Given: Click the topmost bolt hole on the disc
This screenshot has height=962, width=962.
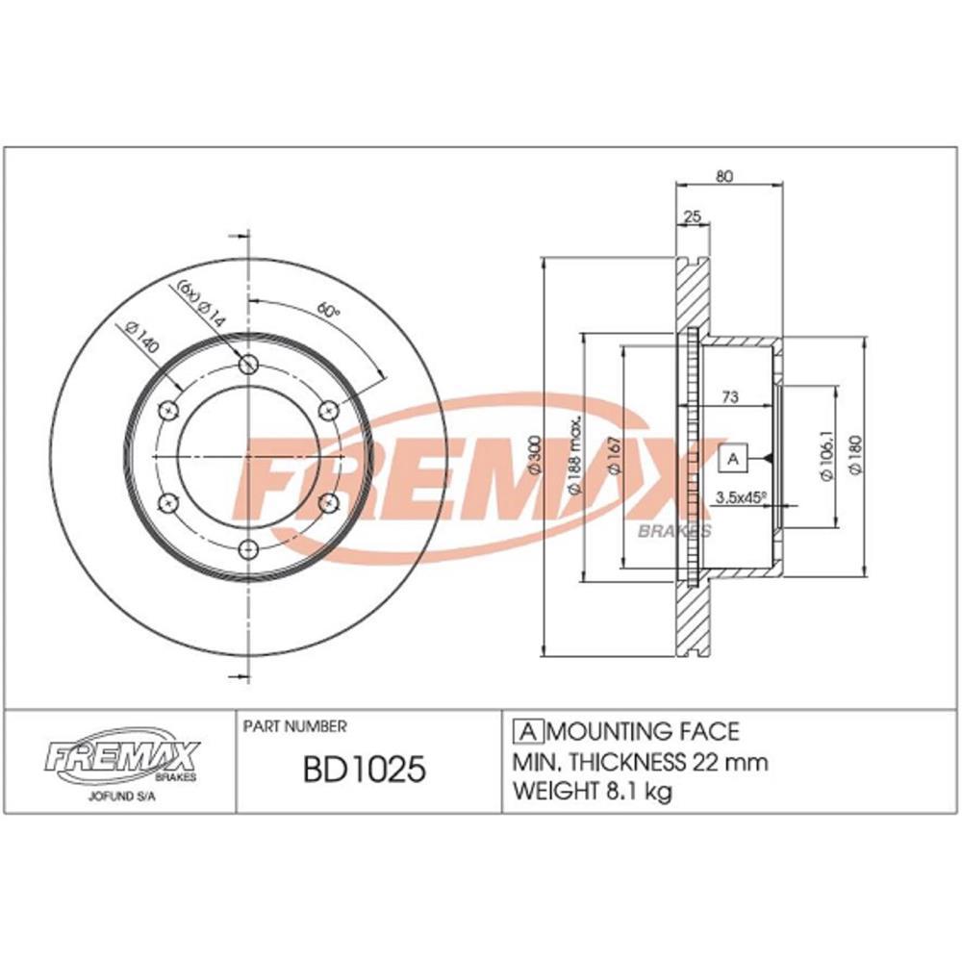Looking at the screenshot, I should pos(250,365).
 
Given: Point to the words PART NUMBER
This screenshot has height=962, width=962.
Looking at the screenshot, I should pos(295,727).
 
